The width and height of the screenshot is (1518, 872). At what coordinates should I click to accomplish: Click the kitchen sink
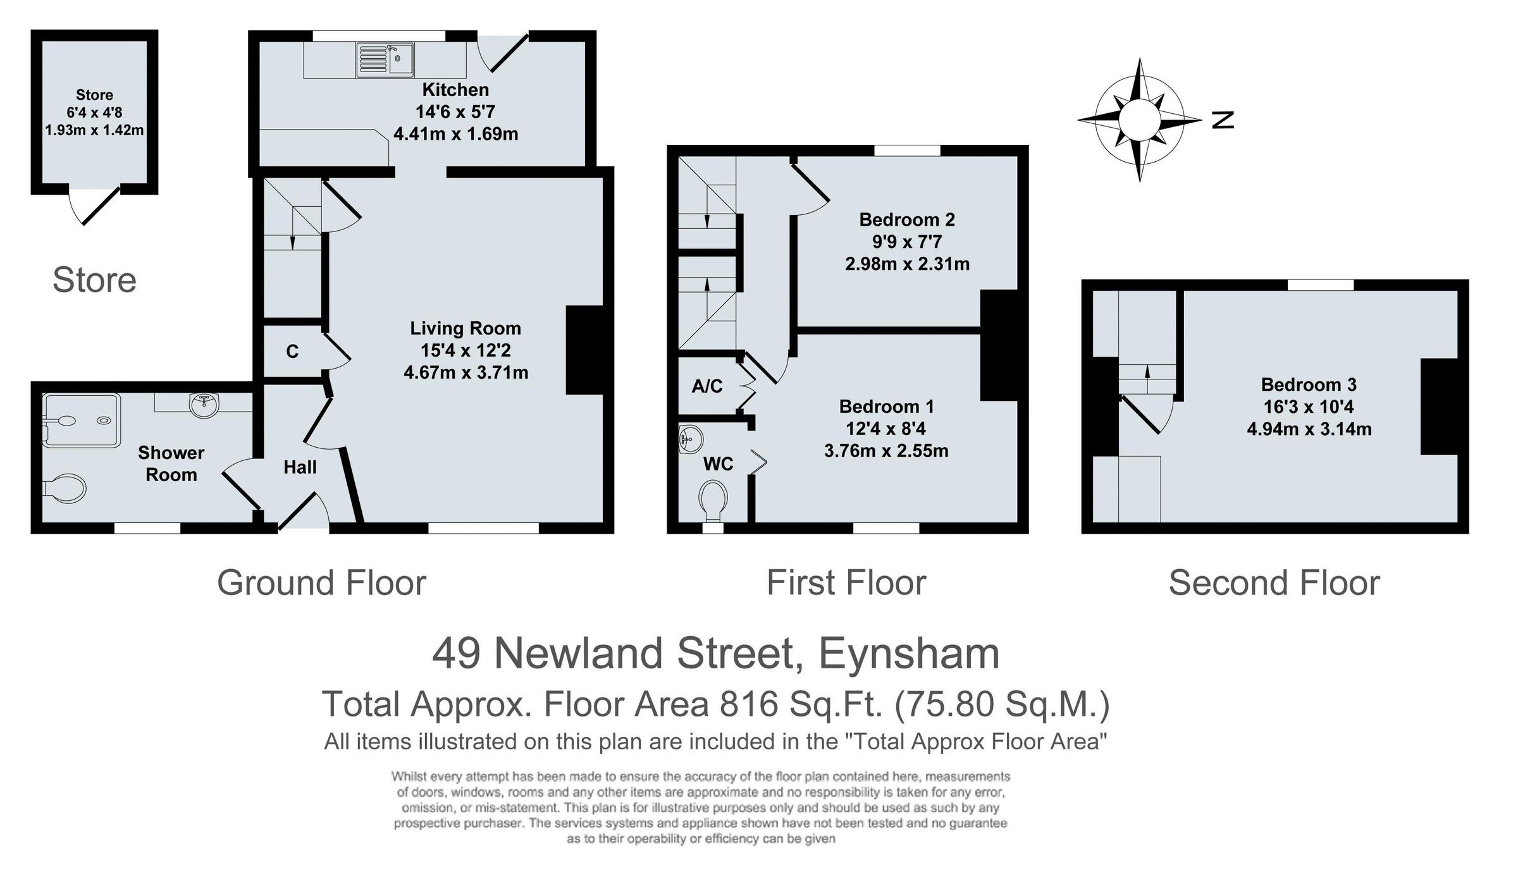[385, 60]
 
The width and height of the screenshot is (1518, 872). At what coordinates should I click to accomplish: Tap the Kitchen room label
[455, 89]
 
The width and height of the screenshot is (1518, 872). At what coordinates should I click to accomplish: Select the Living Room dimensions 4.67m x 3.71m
[466, 372]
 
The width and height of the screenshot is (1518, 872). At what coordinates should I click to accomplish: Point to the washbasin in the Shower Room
[204, 405]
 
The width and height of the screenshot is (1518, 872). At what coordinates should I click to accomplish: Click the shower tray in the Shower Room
[81, 421]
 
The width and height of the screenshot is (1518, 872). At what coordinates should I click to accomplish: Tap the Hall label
[300, 467]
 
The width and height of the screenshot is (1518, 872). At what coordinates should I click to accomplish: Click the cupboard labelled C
[292, 352]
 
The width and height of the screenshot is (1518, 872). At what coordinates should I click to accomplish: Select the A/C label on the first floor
[707, 386]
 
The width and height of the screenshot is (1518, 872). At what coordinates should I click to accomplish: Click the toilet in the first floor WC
[714, 500]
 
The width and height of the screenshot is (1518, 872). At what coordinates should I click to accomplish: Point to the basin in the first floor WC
[691, 438]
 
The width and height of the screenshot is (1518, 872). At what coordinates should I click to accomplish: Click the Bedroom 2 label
[906, 219]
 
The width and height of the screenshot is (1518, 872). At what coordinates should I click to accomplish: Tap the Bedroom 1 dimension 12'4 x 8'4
[885, 429]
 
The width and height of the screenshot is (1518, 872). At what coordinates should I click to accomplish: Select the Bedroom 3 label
[1308, 384]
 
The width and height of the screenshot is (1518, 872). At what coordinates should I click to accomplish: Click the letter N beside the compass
[1223, 120]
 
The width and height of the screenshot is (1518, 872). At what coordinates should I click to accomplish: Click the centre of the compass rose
[1139, 120]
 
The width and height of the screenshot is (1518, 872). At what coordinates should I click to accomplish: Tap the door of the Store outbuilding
[99, 206]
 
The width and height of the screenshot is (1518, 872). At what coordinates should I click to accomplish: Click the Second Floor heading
[1274, 582]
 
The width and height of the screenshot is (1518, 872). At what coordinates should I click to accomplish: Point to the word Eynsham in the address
[909, 653]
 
